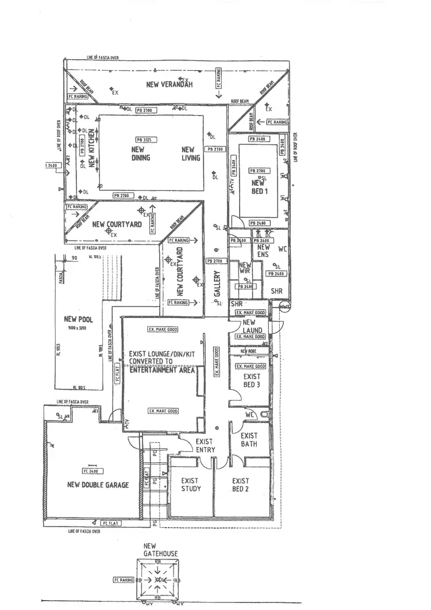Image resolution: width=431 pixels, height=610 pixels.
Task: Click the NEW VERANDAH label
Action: coord(169,85)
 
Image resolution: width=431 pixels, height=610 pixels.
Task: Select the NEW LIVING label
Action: coord(191,153)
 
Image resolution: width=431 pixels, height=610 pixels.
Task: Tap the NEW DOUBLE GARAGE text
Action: coord(98,485)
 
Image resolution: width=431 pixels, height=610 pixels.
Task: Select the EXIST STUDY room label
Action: coord(191,485)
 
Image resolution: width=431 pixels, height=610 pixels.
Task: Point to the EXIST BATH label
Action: coord(249,440)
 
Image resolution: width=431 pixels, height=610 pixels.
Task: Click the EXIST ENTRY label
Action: coord(205,446)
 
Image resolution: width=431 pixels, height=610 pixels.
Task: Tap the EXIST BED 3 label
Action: coord(252,381)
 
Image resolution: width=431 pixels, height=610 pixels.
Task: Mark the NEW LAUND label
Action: coord(252,327)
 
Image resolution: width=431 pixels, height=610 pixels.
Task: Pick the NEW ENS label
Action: coord(263,250)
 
